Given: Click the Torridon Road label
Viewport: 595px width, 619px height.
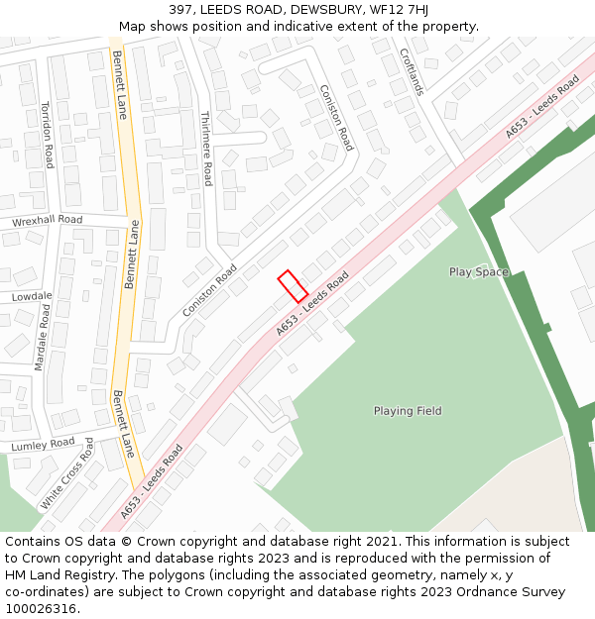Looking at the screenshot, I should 47,135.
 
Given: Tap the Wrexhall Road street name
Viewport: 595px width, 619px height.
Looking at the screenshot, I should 47,220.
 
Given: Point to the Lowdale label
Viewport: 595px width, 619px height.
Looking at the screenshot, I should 32,296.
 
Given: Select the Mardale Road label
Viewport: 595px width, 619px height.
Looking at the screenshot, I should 42,338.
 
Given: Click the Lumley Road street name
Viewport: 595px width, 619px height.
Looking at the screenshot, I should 43,446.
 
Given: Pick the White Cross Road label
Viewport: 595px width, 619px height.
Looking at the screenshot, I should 66,474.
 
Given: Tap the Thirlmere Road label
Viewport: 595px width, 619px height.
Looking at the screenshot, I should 205,148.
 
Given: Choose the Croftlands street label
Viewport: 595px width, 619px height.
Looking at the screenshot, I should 412,72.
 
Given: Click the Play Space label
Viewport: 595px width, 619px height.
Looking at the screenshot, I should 478,272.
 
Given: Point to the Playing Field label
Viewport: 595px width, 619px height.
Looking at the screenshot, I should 408,411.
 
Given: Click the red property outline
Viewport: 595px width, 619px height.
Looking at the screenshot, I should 292,286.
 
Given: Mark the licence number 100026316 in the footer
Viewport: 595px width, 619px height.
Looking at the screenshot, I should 42,609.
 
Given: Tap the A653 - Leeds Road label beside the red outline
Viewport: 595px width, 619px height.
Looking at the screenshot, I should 313,303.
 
